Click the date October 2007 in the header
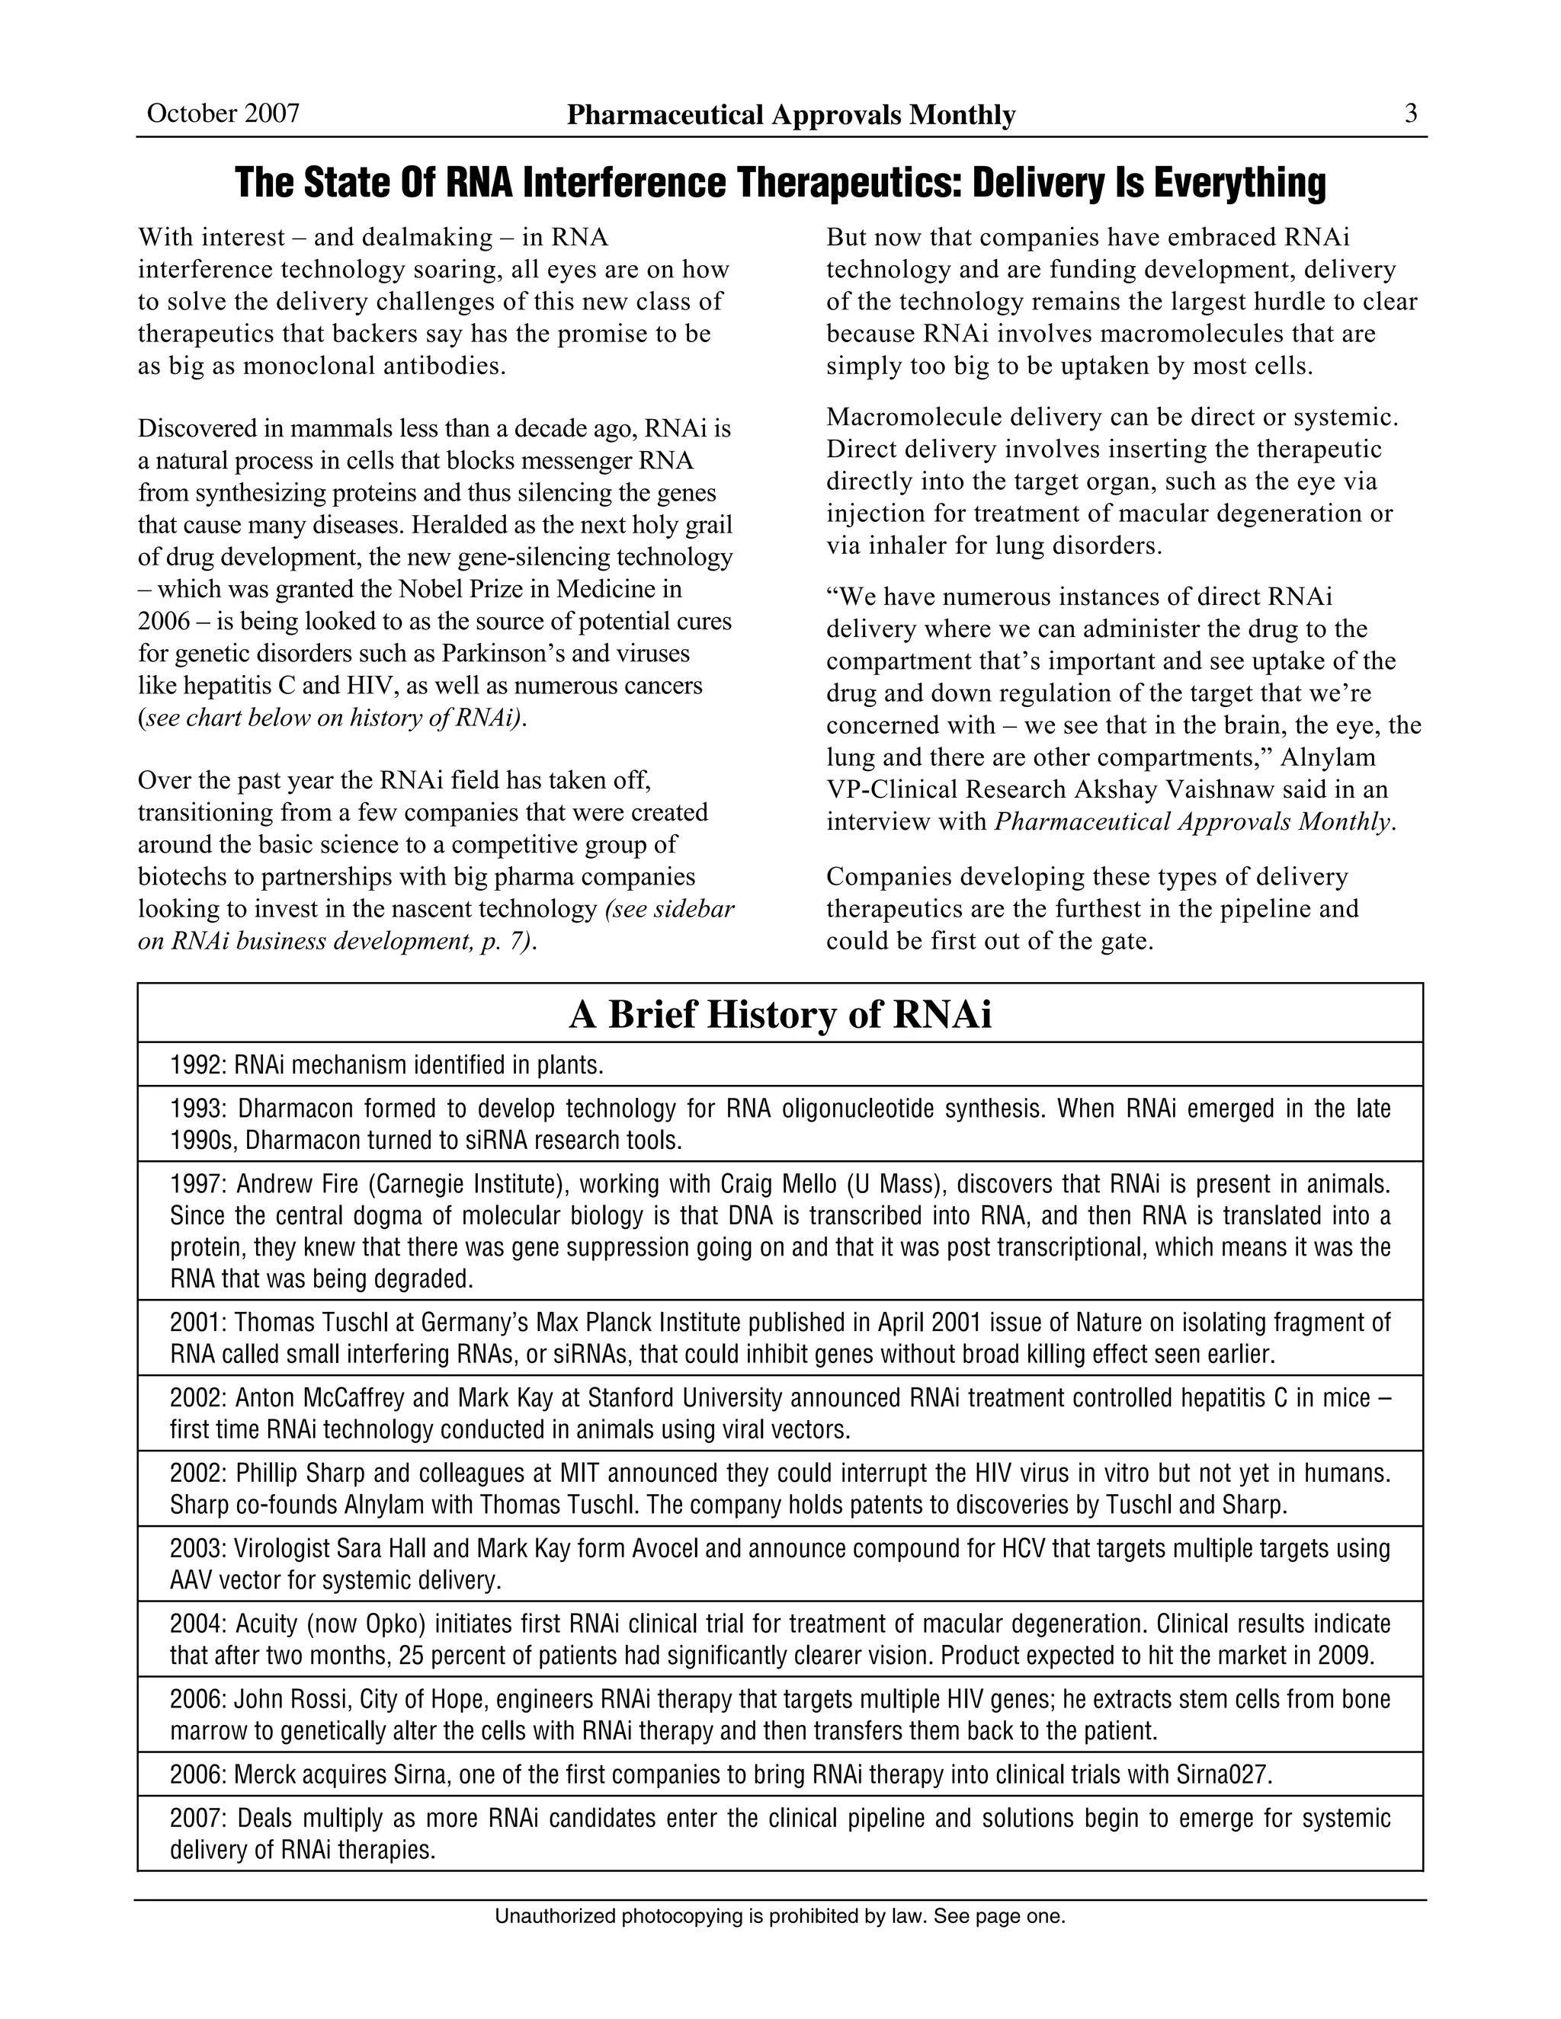[x=223, y=113]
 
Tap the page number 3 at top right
[x=1410, y=113]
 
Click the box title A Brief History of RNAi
[x=780, y=1014]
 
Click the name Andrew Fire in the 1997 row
[x=271, y=1184]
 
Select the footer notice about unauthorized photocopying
[x=780, y=1916]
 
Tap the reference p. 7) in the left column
[x=508, y=941]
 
